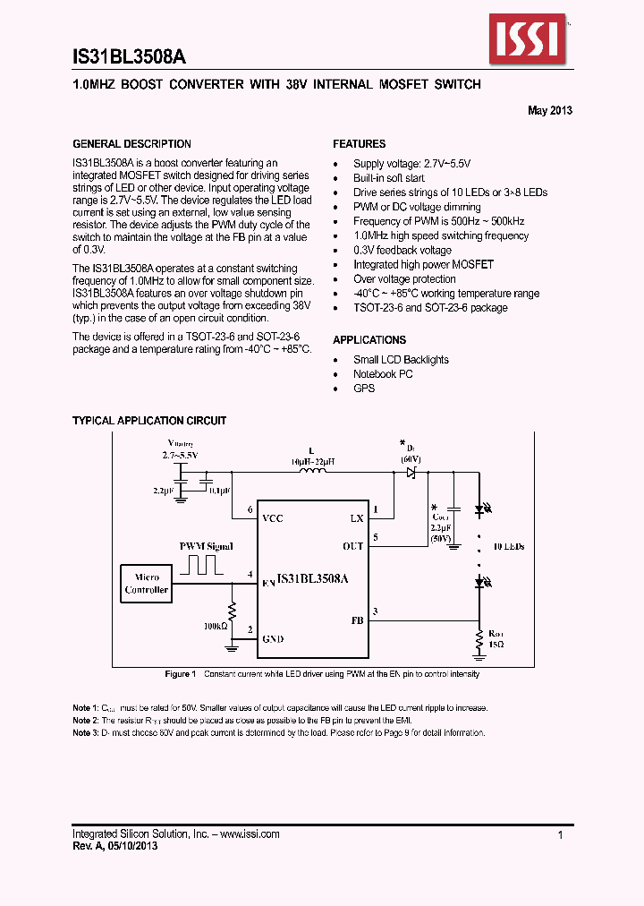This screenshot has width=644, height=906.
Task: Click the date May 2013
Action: (x=550, y=111)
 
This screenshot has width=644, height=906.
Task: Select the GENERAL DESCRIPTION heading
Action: (x=131, y=144)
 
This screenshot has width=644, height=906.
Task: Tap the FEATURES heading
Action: (x=360, y=144)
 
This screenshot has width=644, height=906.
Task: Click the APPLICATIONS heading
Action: (x=369, y=340)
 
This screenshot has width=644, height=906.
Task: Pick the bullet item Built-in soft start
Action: (x=389, y=178)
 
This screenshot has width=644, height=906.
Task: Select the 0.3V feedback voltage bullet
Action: (x=402, y=251)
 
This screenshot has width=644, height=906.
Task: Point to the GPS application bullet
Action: (x=364, y=389)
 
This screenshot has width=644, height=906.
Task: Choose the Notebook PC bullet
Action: (x=383, y=374)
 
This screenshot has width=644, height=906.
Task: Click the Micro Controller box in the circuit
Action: (x=147, y=584)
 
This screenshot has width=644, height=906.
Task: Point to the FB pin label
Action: (x=357, y=620)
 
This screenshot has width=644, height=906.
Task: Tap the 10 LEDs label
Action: (x=507, y=546)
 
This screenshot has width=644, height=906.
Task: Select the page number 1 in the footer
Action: (x=560, y=834)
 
